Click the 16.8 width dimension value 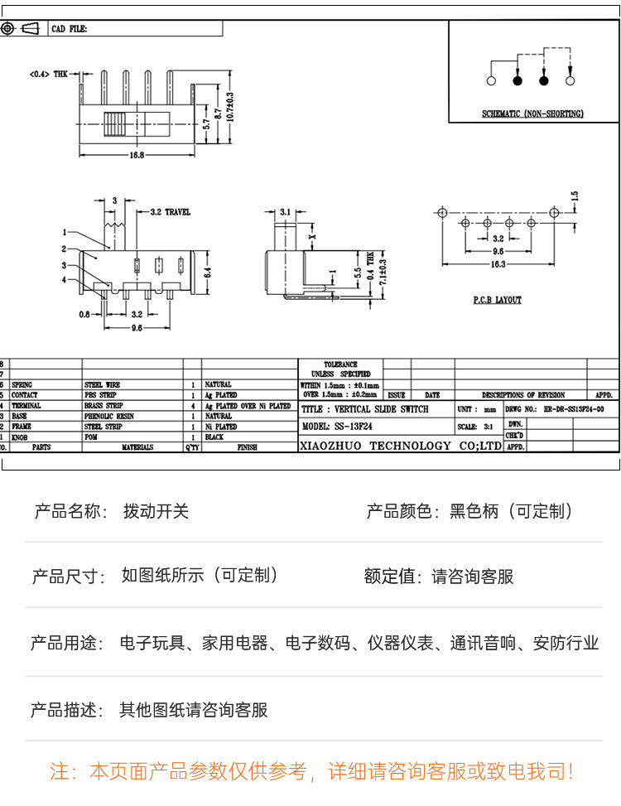137,155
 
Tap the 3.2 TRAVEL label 170,212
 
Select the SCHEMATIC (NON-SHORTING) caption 533,113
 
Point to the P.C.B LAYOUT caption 498,300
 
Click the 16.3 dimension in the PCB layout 498,264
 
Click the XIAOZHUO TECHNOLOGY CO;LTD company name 401,446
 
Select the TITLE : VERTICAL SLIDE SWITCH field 365,409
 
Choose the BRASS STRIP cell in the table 103,406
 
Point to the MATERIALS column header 137,447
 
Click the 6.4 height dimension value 209,270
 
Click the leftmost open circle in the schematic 491,81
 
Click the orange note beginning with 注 310,772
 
